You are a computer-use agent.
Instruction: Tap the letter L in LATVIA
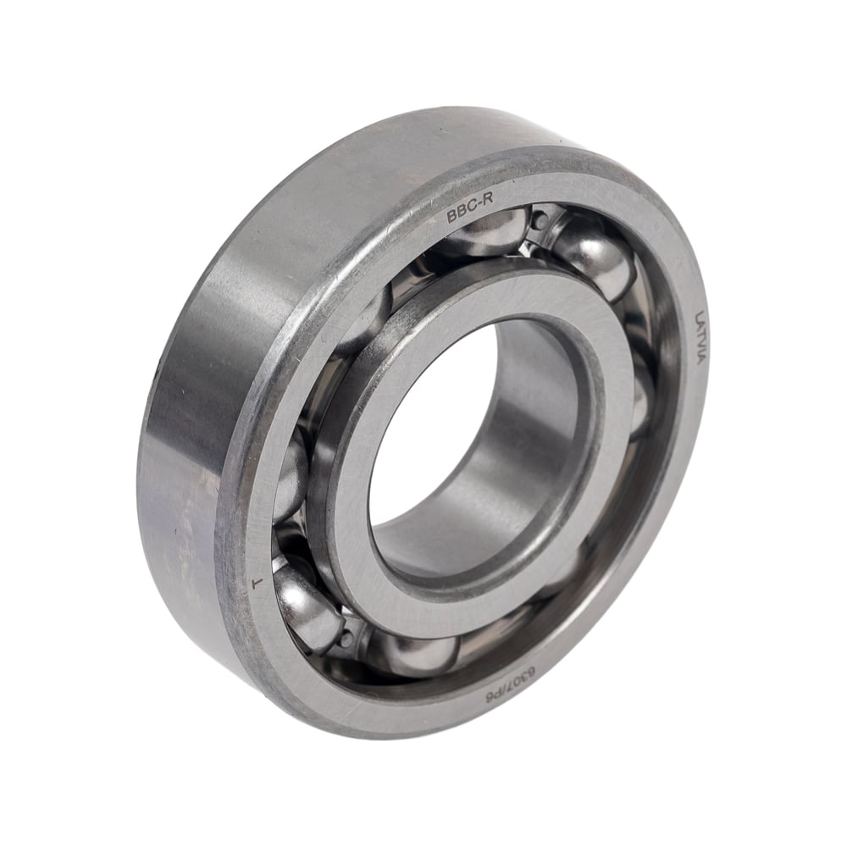pos(701,315)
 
